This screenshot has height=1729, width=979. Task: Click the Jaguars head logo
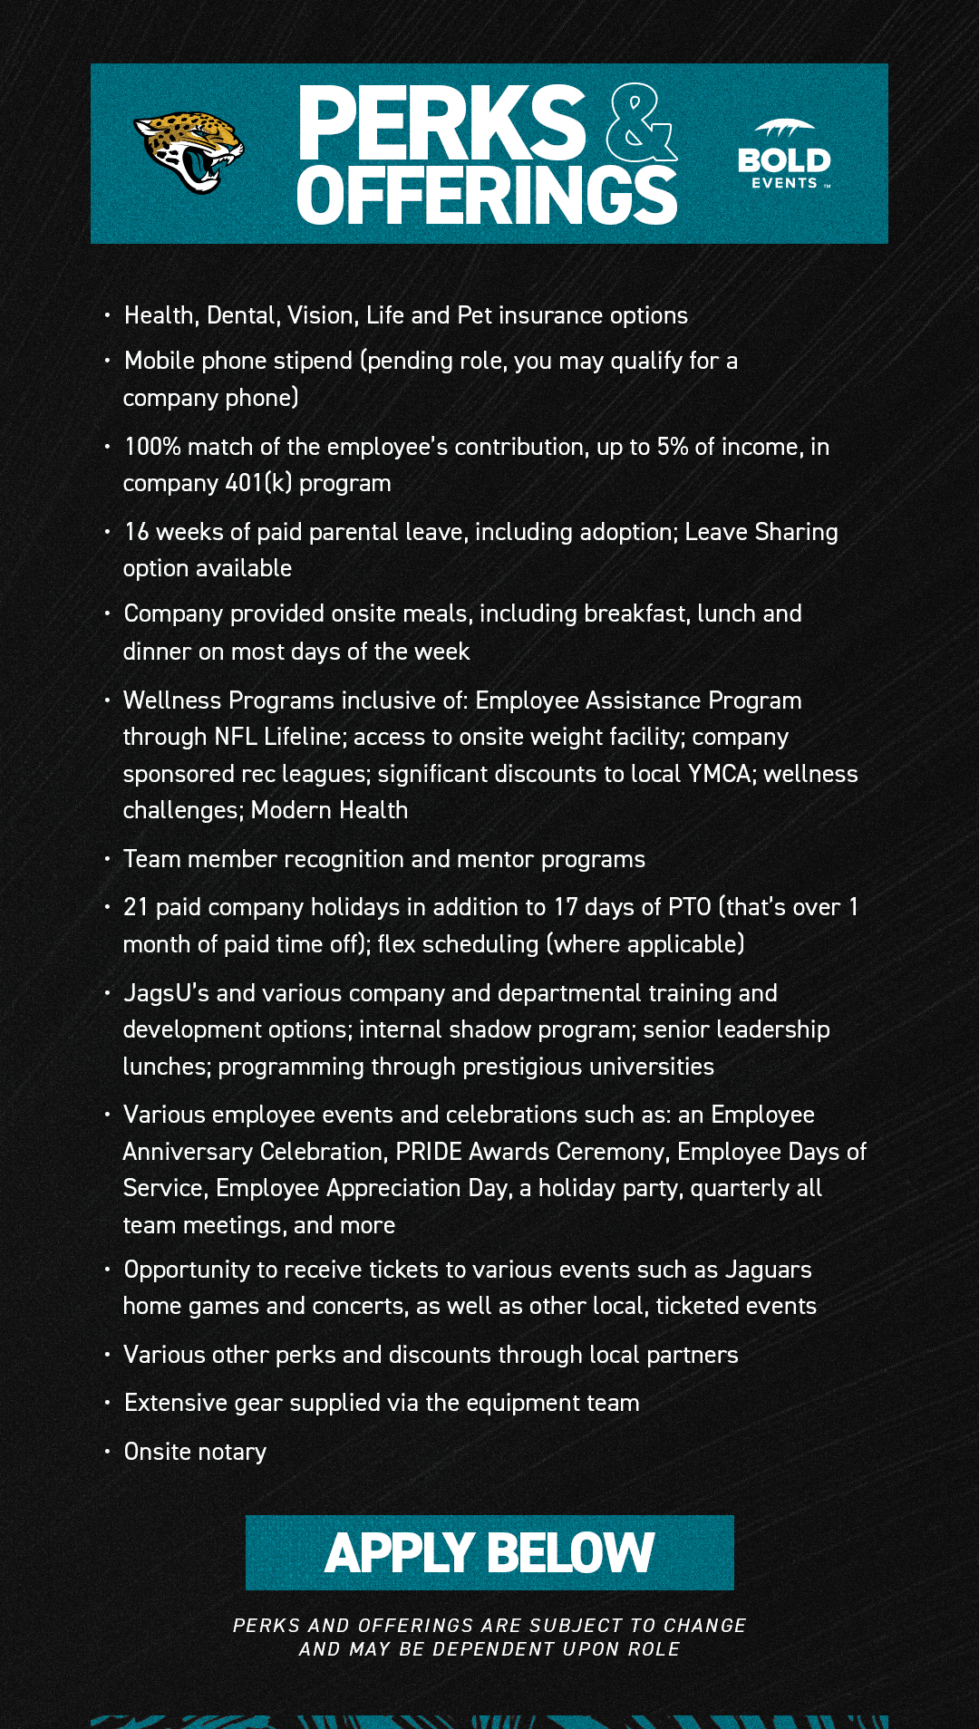[x=189, y=152]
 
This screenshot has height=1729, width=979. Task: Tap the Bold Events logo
[x=784, y=155]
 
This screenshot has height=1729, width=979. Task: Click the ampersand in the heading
[x=640, y=123]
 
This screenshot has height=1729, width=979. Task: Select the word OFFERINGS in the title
[x=487, y=195]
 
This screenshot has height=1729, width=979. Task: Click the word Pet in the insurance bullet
[x=475, y=315]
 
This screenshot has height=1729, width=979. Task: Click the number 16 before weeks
[x=137, y=532]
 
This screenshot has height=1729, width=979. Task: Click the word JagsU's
[x=166, y=993]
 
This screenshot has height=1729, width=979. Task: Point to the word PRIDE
[x=428, y=1152]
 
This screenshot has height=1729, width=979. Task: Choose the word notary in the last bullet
[x=232, y=1452]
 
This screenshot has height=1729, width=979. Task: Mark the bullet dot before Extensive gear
[x=107, y=1402]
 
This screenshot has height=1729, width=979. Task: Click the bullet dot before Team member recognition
[x=107, y=858]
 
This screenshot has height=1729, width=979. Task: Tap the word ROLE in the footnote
[x=654, y=1649]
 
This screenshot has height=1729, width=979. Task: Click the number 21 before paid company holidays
[x=136, y=907]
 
